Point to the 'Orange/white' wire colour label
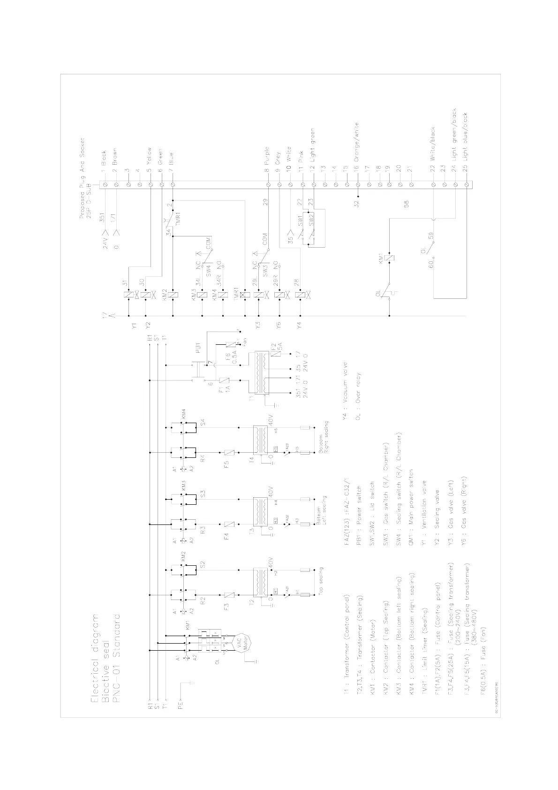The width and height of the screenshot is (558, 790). pyautogui.click(x=357, y=142)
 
